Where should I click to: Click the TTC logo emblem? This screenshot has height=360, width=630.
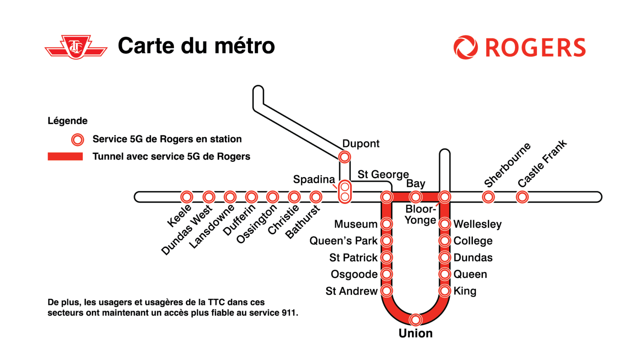pos(76,47)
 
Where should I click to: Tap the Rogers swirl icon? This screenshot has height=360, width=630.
pos(465,47)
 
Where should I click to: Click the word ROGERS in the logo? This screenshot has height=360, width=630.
pos(535,48)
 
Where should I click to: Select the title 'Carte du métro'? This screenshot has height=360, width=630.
pos(196,46)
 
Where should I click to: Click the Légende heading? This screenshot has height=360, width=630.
pos(67,121)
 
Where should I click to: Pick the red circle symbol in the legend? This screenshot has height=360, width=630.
pos(78,140)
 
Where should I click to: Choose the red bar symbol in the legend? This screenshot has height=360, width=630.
pos(65,157)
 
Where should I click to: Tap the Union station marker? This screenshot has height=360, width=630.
pos(415,319)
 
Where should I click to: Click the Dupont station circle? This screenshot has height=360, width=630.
pos(345,157)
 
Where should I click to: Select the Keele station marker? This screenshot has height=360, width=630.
pos(187,197)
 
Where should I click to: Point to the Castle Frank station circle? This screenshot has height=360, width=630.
pos(522,197)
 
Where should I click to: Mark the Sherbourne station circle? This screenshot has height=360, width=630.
pos(488,197)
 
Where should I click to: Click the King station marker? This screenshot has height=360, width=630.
pos(445,291)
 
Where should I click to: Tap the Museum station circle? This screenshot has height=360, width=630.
pos(387,224)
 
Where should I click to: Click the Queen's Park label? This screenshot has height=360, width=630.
pos(343,241)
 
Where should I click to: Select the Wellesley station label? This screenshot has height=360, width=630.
pos(477,224)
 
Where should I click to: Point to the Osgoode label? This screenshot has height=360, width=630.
pos(354,274)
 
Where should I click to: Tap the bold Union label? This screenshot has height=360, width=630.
pos(415,333)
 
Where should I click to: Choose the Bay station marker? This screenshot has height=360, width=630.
pos(415,197)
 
